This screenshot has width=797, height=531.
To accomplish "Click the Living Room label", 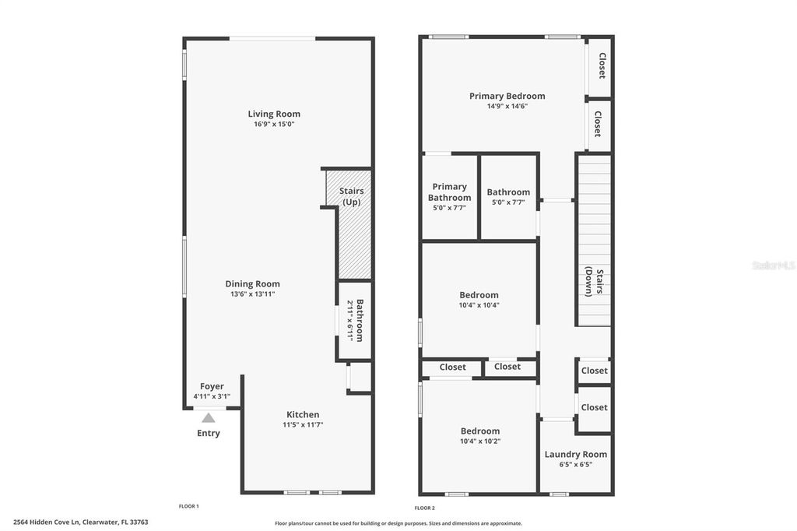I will [x=274, y=114].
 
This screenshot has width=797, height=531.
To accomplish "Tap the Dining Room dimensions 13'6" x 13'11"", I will [x=252, y=294].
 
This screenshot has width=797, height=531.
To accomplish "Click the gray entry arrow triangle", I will [x=209, y=418].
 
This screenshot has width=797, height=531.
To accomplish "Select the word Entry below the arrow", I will [x=209, y=433].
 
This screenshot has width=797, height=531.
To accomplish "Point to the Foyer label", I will [x=212, y=386].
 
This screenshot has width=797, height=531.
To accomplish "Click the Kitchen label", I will [x=302, y=414].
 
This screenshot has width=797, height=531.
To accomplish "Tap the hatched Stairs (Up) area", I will [x=354, y=241].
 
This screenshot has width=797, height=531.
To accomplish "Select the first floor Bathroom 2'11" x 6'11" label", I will [x=355, y=320].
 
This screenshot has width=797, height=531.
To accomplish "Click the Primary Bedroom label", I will [x=507, y=97].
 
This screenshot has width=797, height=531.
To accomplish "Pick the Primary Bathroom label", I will [x=450, y=192].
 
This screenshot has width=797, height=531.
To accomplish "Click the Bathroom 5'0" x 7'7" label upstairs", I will [x=508, y=192].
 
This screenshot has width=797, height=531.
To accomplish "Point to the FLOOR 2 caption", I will [x=424, y=507].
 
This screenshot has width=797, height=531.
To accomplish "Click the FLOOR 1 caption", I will [x=188, y=507].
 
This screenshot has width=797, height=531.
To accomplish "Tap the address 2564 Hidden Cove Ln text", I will [x=80, y=522].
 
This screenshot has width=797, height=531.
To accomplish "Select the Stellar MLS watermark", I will [x=773, y=265].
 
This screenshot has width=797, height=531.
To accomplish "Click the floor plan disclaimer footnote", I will [x=398, y=523].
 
